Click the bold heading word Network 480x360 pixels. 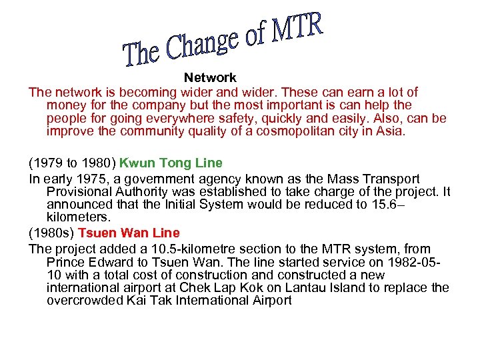(x=210, y=78)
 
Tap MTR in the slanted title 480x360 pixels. (x=297, y=30)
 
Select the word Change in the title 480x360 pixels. (x=201, y=43)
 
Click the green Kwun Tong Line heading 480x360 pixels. (x=171, y=163)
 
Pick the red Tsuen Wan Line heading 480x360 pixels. (x=129, y=233)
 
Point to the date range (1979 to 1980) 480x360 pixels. (x=73, y=163)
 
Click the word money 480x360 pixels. (x=64, y=105)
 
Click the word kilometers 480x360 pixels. (x=77, y=217)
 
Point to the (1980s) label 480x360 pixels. (x=51, y=233)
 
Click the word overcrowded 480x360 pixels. (x=84, y=300)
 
